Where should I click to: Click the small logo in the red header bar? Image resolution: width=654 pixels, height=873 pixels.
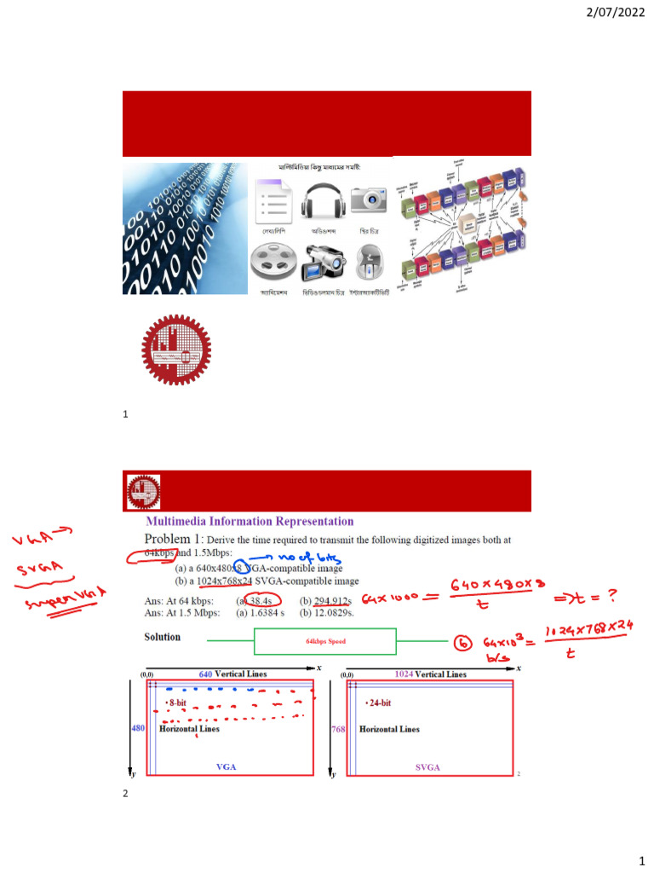tap(144, 491)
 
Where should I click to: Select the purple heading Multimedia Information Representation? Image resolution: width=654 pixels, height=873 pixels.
tap(250, 522)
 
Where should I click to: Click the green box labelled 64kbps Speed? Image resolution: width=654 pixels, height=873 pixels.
tap(325, 641)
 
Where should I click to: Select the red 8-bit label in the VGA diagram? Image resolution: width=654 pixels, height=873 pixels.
tap(177, 702)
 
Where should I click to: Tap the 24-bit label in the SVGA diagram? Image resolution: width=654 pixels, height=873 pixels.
tap(379, 702)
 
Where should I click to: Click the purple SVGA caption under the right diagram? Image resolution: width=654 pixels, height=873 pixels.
tap(427, 767)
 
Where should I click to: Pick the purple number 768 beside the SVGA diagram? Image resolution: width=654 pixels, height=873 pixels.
tap(336, 729)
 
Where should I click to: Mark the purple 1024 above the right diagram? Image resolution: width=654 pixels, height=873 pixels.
tap(404, 674)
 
